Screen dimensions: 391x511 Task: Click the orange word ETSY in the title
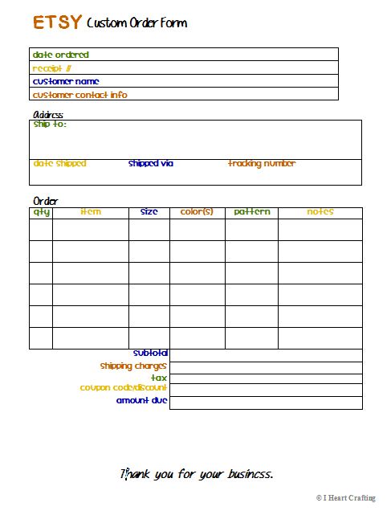pos(57,22)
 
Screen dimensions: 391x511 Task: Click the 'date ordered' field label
pos(60,55)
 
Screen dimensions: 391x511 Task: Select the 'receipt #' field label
pos(51,68)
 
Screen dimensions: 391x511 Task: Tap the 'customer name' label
pos(66,81)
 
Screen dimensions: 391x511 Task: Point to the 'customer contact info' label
pos(79,95)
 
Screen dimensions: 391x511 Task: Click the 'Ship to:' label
pos(49,125)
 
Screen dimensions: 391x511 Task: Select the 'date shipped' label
pos(59,164)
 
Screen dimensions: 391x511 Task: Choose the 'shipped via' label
pos(150,164)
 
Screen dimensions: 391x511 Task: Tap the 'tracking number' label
pos(262,164)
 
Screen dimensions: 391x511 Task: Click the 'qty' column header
pos(41,212)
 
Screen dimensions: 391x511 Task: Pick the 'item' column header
pos(91,212)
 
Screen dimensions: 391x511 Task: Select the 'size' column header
pos(149,212)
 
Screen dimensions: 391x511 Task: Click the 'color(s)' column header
pos(197,212)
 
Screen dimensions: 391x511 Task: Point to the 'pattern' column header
pos(251,212)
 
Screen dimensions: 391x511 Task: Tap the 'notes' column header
pos(320,212)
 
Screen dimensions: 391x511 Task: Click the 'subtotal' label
pos(150,353)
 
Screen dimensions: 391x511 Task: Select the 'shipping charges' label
pos(133,366)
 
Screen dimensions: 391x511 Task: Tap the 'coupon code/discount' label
pos(124,388)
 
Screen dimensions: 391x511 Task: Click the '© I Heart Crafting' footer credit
pos(345,498)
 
